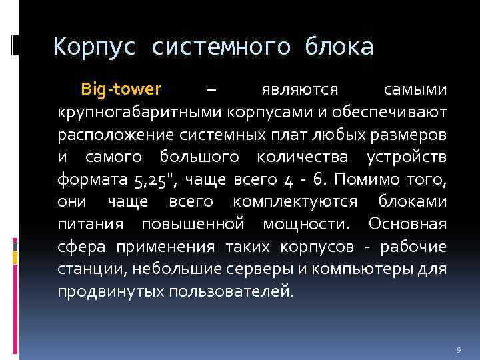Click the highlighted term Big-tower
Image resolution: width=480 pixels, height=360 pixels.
tap(121, 89)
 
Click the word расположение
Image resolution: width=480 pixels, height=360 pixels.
tap(111, 133)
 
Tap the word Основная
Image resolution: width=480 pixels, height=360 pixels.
tap(408, 224)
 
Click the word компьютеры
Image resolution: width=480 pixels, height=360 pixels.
tap(349, 269)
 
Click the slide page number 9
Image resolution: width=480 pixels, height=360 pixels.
tap(459, 349)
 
